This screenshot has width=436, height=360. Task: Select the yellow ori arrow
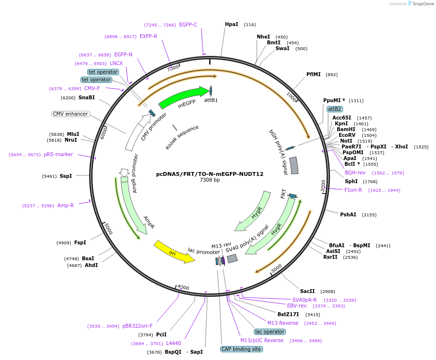pyautogui.click(x=174, y=252)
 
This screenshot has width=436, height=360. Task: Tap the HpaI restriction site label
pyautogui.click(x=232, y=24)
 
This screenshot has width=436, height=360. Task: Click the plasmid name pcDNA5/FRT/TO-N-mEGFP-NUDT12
pyautogui.click(x=210, y=174)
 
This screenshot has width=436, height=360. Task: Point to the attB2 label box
pyautogui.click(x=334, y=109)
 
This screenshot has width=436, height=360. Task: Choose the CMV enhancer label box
pyautogui.click(x=71, y=114)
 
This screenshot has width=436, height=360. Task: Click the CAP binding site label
pyautogui.click(x=241, y=349)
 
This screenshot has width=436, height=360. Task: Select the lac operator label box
pyautogui.click(x=270, y=332)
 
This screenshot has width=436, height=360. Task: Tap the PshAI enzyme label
pyautogui.click(x=348, y=214)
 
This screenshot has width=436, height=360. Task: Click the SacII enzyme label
pyautogui.click(x=307, y=291)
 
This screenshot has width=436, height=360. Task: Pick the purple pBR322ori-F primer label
pyautogui.click(x=137, y=326)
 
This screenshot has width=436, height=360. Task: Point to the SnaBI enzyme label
pyautogui.click(x=86, y=97)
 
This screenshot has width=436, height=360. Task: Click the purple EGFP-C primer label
pyautogui.click(x=188, y=25)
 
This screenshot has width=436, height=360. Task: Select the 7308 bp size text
pyautogui.click(x=210, y=180)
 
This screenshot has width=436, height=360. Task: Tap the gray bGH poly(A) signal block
pyautogui.click(x=294, y=165)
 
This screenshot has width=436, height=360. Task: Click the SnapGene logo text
pyautogui.click(x=423, y=4)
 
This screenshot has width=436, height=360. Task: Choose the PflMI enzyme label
pyautogui.click(x=313, y=74)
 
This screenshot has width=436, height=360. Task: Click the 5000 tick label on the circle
pyautogui.click(x=108, y=229)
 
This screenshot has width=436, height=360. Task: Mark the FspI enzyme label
pyautogui.click(x=80, y=242)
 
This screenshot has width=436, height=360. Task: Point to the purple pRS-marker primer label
pyautogui.click(x=58, y=154)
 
